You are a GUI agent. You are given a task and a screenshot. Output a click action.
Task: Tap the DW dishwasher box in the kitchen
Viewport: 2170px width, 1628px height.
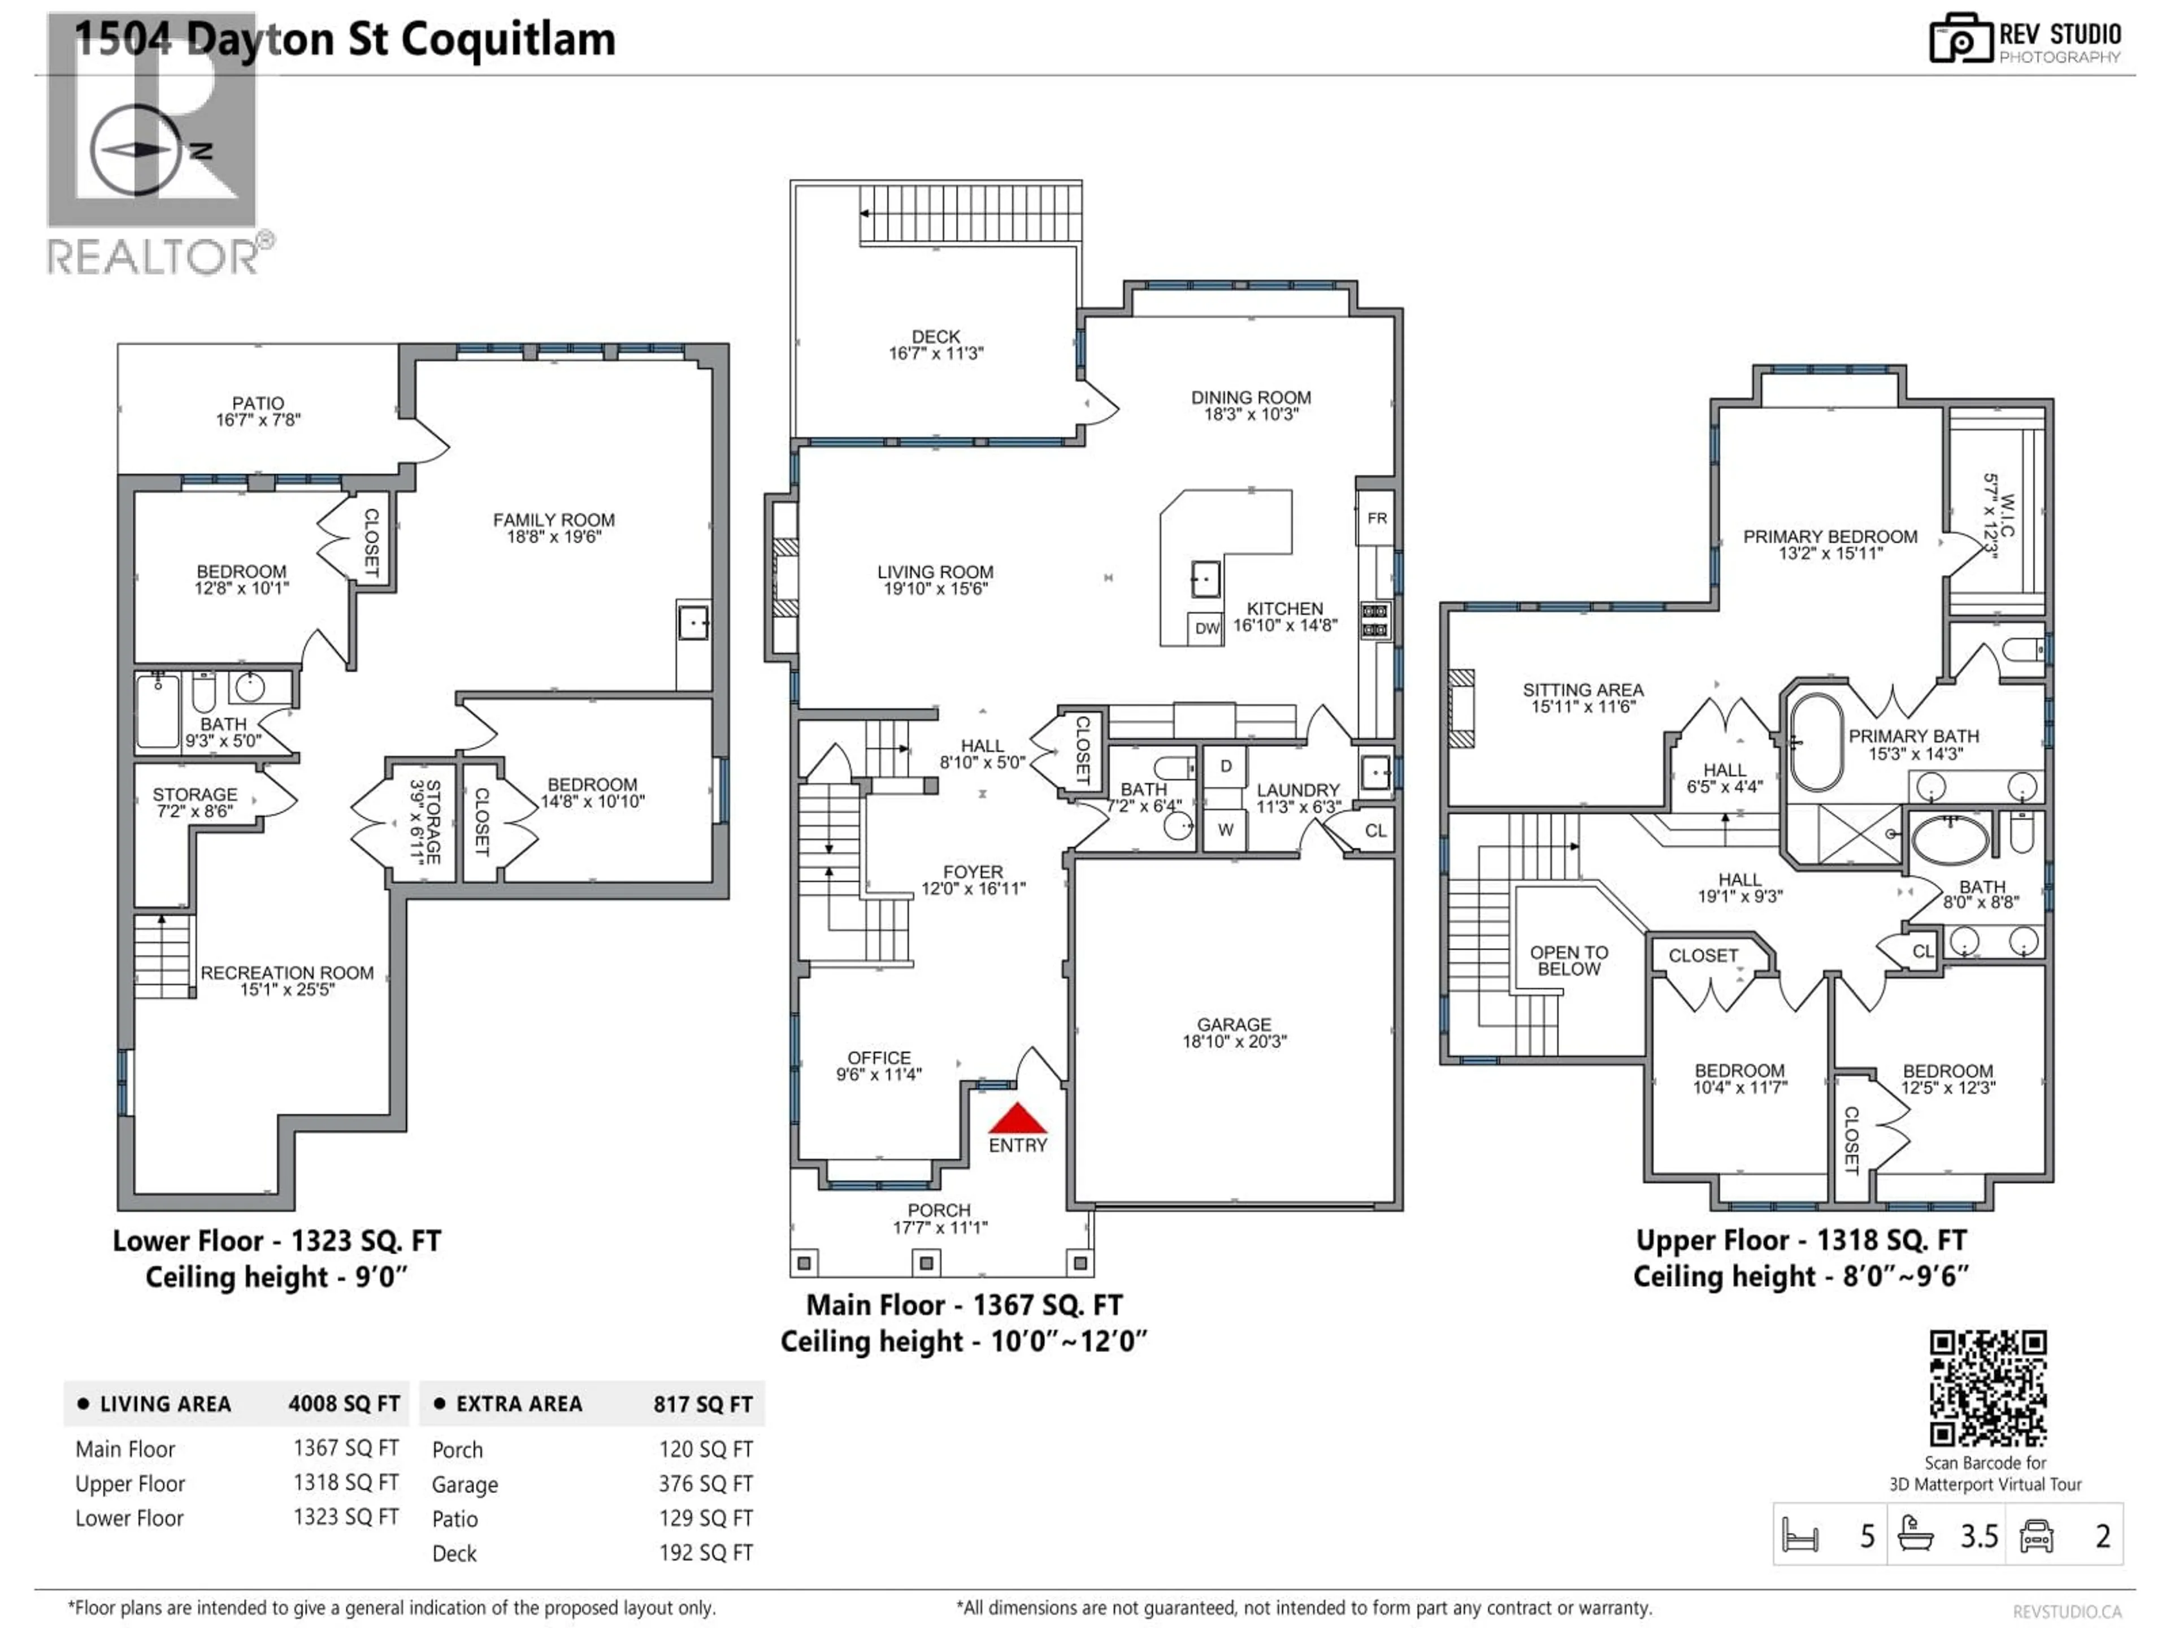tap(1206, 628)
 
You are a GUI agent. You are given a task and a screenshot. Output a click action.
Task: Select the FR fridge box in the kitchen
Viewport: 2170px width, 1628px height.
tap(1377, 518)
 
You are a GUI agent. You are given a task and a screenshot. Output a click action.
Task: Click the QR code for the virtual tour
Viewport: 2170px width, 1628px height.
tap(1987, 1388)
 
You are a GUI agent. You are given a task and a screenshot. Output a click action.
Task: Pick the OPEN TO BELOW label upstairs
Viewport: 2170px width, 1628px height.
tap(1569, 961)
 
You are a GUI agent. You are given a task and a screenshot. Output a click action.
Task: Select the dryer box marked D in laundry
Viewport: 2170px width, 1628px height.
tap(1225, 767)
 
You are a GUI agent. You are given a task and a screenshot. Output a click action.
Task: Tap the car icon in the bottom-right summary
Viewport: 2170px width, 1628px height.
tap(2037, 1536)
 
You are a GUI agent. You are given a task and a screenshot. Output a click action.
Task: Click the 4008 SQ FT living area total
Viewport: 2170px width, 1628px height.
tap(344, 1404)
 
